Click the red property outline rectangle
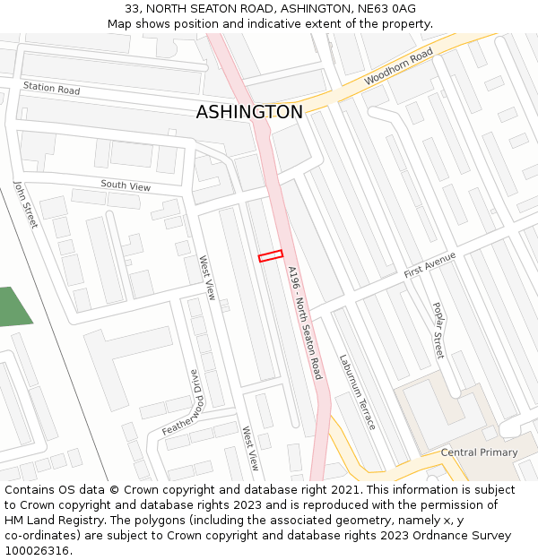pos(271,256)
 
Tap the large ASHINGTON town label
pos(249,112)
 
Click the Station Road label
pos(51,89)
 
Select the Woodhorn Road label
pos(398,67)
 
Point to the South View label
pos(126,185)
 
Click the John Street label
pos(25,203)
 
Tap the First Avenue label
pos(430,264)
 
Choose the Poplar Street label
pos(438,330)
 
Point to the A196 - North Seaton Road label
pos(305,322)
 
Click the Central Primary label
pos(479,452)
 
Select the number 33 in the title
pos(132,9)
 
